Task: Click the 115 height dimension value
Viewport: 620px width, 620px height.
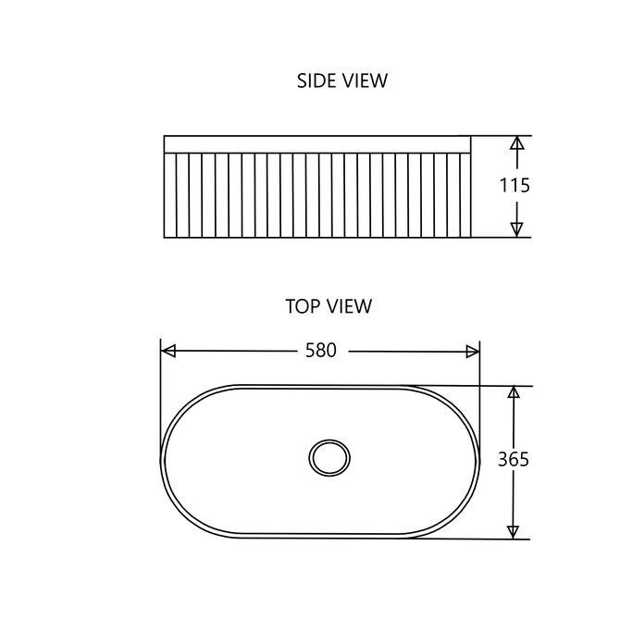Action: [515, 185]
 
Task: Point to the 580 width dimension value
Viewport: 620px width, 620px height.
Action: [321, 351]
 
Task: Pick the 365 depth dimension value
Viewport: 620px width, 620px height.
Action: [514, 460]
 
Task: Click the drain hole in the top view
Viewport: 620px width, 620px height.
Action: [329, 458]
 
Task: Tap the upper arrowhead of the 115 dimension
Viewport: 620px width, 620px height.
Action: [516, 143]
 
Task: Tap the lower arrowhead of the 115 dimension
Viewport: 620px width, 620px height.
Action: [516, 229]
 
